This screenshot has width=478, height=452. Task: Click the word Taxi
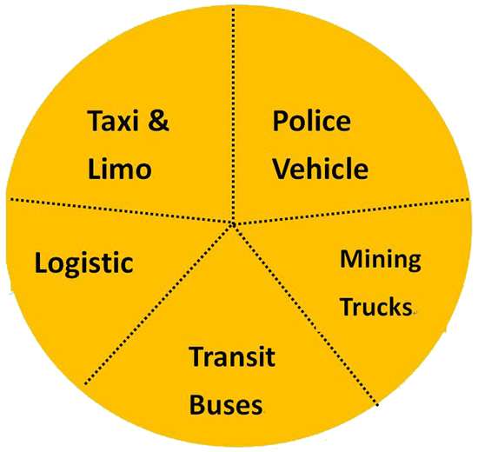point(113,121)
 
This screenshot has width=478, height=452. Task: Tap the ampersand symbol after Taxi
point(158,121)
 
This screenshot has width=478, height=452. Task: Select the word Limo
point(120,169)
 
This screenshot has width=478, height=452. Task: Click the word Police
point(311,121)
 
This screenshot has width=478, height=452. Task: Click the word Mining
point(381,260)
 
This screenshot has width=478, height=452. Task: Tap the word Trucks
point(376,307)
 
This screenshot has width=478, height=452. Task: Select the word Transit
point(232,356)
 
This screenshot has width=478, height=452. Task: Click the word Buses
point(226,404)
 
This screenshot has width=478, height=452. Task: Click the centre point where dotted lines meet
point(233,224)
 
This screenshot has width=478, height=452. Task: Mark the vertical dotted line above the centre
point(234,116)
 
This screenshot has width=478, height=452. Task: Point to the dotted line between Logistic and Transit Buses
point(158,304)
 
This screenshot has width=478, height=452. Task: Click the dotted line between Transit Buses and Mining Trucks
point(306,315)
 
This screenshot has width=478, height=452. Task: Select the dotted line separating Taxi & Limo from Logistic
point(122,211)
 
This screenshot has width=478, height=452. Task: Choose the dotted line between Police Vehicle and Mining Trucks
point(352,212)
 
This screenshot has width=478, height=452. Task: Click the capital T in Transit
point(198,356)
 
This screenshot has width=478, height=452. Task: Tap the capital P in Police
point(280,121)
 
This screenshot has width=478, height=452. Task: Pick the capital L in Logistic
point(41,263)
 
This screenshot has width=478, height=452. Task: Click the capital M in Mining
point(350,259)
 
